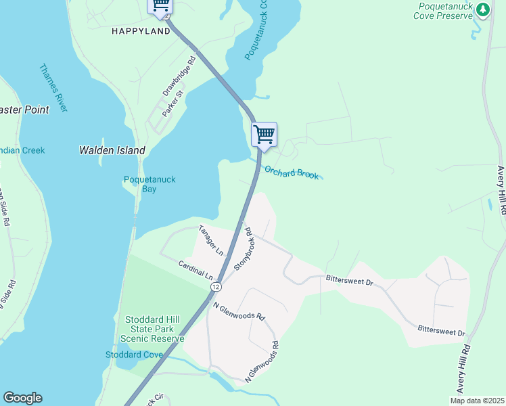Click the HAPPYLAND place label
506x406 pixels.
(141, 31)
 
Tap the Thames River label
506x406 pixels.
(53, 88)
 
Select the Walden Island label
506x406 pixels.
(112, 150)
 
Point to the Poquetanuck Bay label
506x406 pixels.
(149, 184)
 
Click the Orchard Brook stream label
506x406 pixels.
(291, 173)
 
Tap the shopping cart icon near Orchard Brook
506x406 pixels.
(264, 134)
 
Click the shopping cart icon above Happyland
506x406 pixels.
(160, 5)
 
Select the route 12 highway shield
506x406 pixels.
(215, 287)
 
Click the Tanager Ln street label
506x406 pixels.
(210, 240)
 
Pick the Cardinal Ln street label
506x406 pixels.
(195, 271)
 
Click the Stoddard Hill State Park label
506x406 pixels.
(152, 329)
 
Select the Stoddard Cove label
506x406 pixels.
(134, 355)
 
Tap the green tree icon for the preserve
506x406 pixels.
(482, 9)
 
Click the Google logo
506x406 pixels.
(22, 398)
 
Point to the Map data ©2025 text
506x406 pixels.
(477, 401)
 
